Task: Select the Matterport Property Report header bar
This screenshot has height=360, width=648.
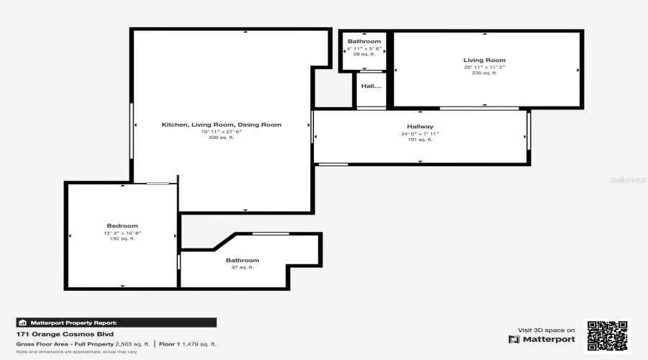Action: point(116,323)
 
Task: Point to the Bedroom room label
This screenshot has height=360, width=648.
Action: point(122,226)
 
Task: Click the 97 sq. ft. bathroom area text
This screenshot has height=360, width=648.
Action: point(242,267)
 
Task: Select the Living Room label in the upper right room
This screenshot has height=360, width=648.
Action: point(484,60)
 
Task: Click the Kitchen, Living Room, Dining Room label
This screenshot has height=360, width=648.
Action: point(221,125)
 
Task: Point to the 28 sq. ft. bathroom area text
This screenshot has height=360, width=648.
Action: point(364,54)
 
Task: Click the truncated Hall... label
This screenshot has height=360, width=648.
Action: point(371,86)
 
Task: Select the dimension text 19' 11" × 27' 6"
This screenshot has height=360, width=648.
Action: point(221,131)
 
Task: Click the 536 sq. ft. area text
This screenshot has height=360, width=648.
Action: point(221,138)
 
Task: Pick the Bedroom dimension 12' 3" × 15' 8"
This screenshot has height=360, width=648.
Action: point(122,233)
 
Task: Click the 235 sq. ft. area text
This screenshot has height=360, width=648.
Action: point(484,73)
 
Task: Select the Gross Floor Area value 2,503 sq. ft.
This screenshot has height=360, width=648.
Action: point(132,344)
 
